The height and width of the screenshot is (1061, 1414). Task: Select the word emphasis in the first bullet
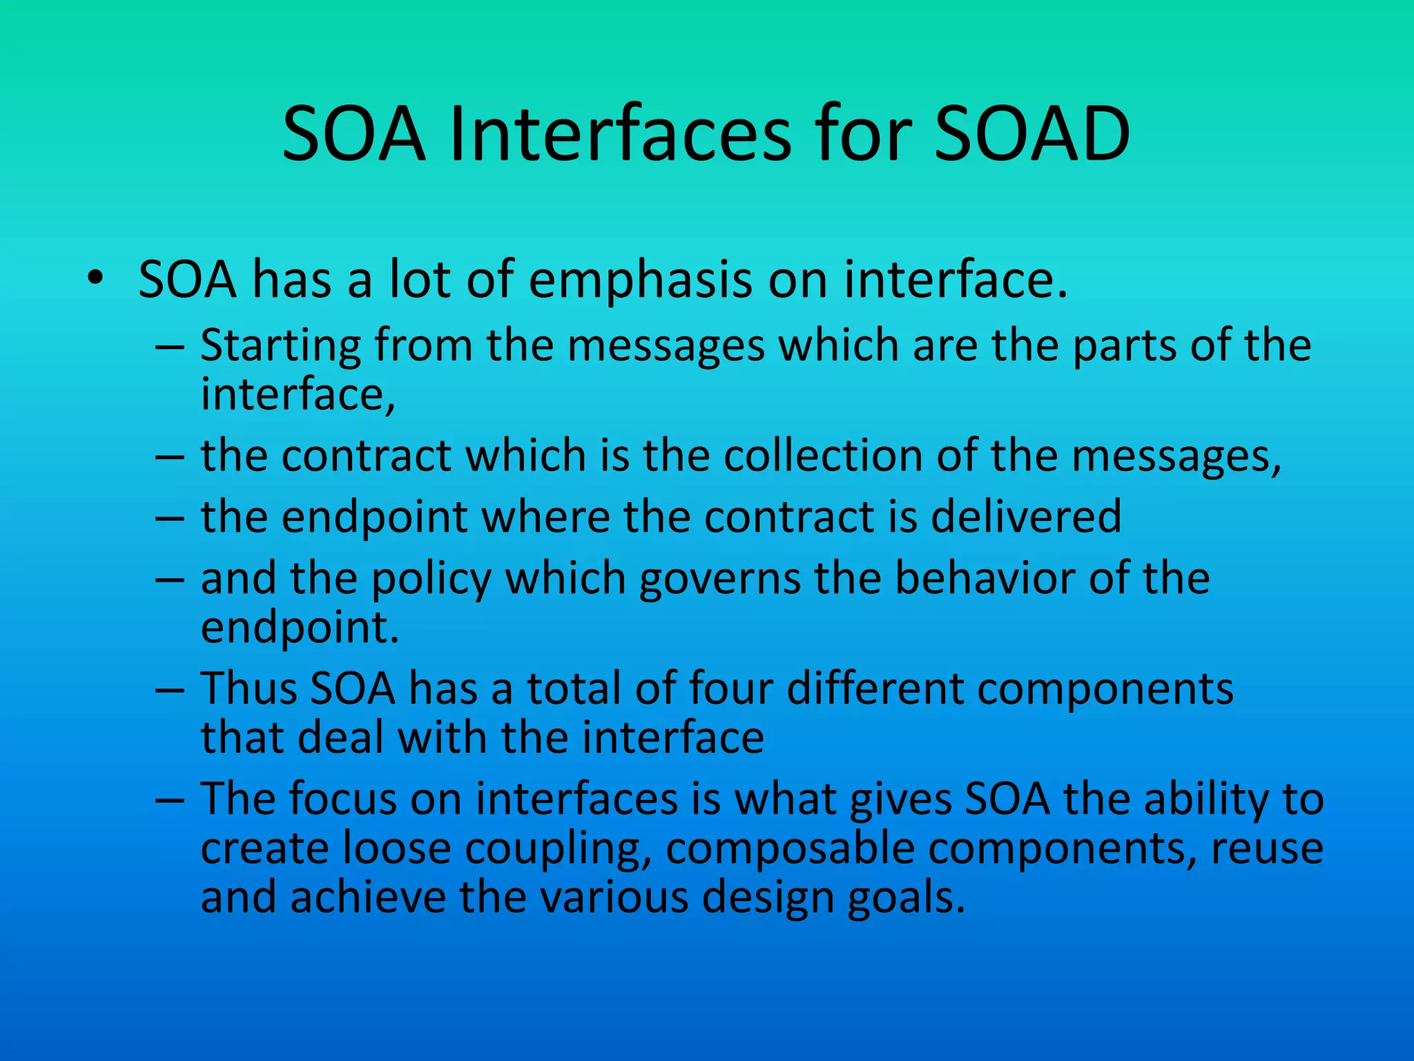640,280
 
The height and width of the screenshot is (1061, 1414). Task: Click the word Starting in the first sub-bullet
280,345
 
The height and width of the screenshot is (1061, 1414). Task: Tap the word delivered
1026,517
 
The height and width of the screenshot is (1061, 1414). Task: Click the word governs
719,579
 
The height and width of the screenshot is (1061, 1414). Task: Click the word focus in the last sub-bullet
342,799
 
